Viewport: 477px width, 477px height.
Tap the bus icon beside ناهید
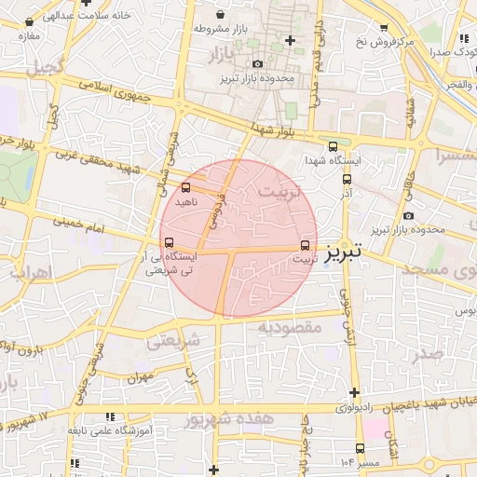click(184, 187)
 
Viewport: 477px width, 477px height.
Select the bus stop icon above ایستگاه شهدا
click(333, 146)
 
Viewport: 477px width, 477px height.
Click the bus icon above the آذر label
click(348, 180)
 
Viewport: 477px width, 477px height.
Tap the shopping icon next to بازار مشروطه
click(220, 16)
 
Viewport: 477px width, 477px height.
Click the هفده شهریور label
click(230, 418)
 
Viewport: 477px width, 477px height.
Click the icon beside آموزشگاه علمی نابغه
click(110, 416)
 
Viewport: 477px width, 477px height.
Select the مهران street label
click(141, 378)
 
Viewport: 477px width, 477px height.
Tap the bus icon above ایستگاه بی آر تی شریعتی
click(168, 242)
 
